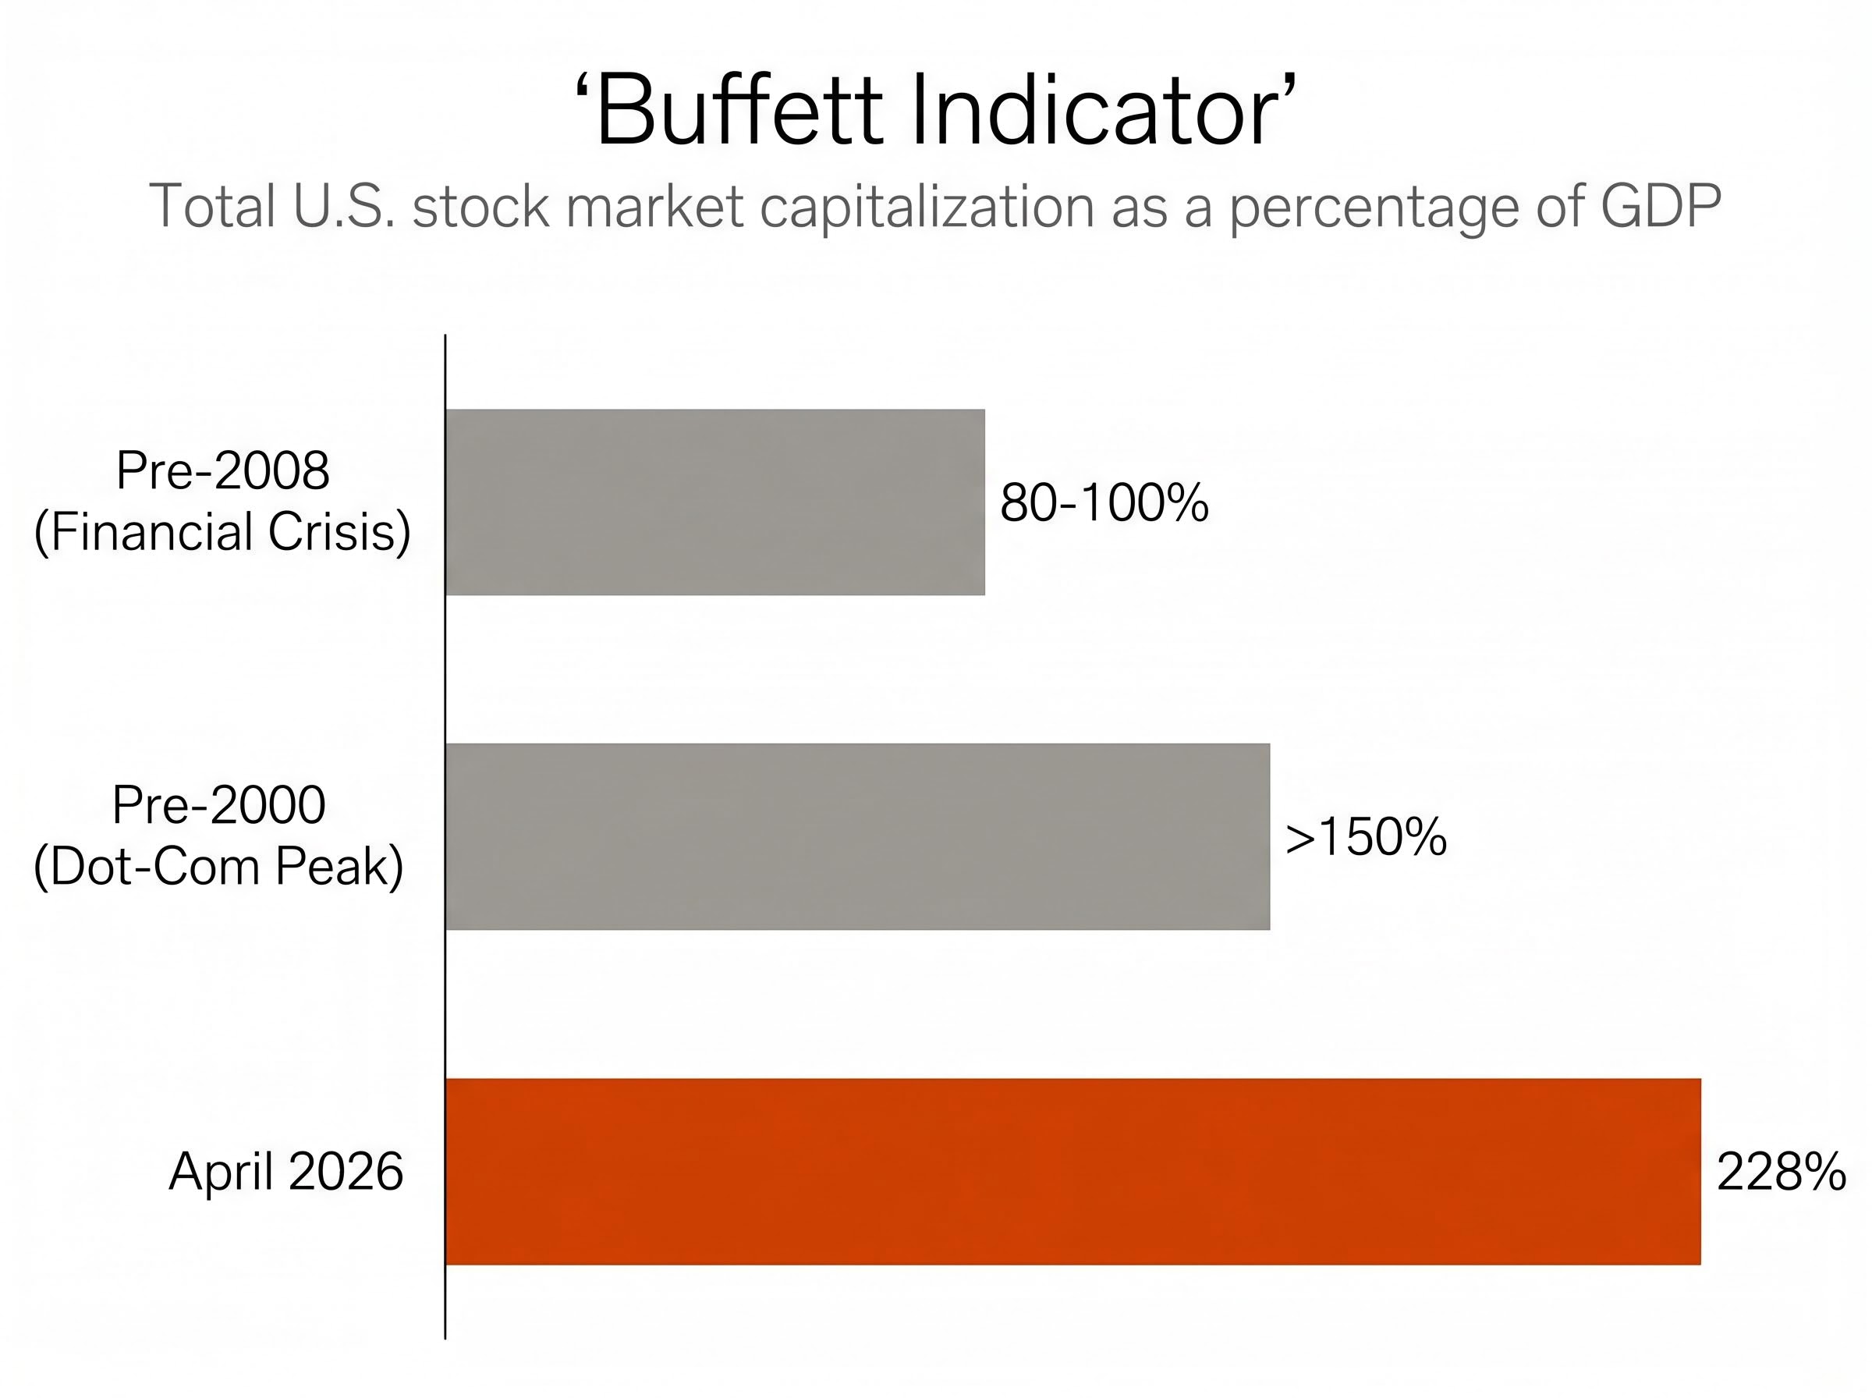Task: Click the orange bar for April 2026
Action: pyautogui.click(x=1072, y=1171)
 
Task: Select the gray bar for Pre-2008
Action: pyautogui.click(x=714, y=502)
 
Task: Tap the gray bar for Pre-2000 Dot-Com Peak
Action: pyautogui.click(x=857, y=836)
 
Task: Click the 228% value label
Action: pyautogui.click(x=1781, y=1173)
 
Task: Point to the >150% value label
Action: pyautogui.click(x=1365, y=837)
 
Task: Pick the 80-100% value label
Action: pyautogui.click(x=1104, y=502)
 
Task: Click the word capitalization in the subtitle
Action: pyautogui.click(x=927, y=208)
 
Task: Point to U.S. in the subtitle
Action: pyautogui.click(x=343, y=206)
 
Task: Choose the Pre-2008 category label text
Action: pyautogui.click(x=222, y=470)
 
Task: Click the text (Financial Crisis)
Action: pyautogui.click(x=222, y=532)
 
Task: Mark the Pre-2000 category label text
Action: pyautogui.click(x=218, y=805)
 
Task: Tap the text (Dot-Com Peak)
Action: pyautogui.click(x=218, y=867)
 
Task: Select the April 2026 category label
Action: pyautogui.click(x=286, y=1172)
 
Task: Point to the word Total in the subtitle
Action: pyautogui.click(x=212, y=206)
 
